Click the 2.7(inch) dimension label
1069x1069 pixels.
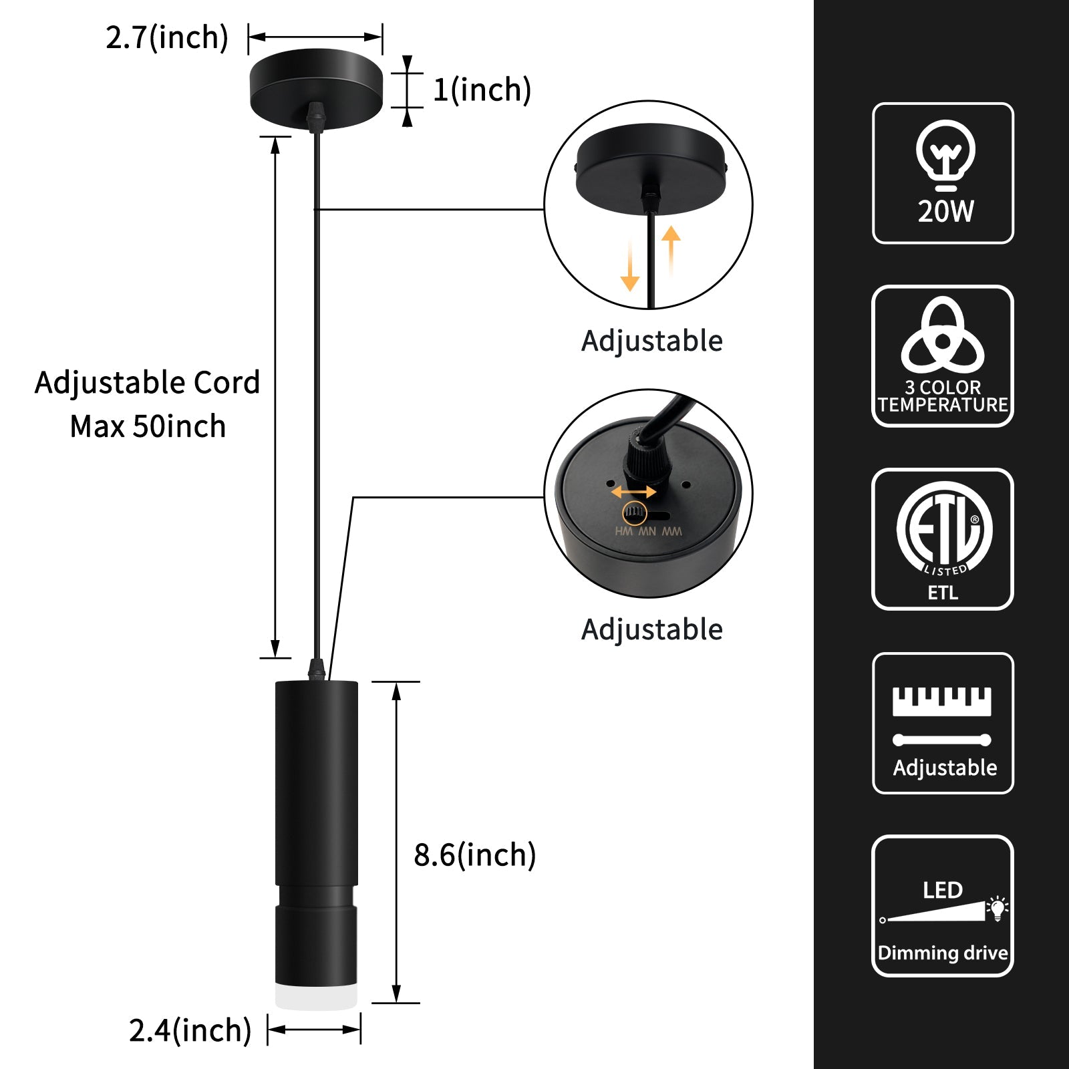click(x=167, y=37)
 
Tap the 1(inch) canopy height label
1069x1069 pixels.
click(x=482, y=90)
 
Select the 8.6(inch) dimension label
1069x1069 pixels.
click(x=474, y=855)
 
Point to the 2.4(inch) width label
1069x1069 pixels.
click(x=190, y=1030)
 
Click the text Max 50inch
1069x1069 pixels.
click(x=148, y=426)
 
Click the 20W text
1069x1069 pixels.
click(x=945, y=211)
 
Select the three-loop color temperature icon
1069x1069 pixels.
click(x=942, y=337)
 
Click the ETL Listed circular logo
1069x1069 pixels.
click(x=943, y=528)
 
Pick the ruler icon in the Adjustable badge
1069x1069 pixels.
click(x=942, y=702)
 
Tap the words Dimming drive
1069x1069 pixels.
click(x=943, y=952)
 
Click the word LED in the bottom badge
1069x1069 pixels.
click(x=942, y=890)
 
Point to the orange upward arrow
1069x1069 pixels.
click(x=671, y=251)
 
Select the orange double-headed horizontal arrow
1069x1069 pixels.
click(x=633, y=492)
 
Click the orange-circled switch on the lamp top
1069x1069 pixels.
click(x=635, y=513)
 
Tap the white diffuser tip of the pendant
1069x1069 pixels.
click(x=316, y=996)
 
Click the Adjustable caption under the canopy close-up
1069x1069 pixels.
click(x=651, y=341)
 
